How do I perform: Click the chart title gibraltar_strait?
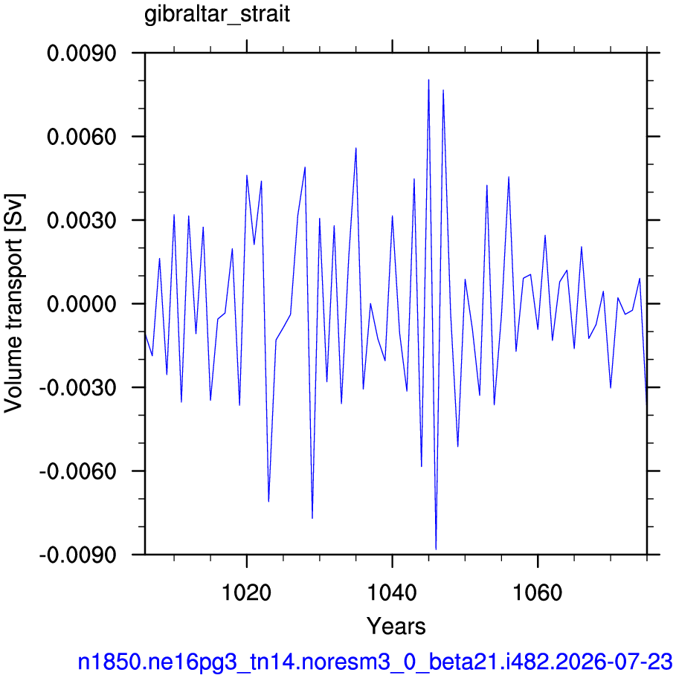point(216,15)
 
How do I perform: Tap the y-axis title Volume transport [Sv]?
point(13,303)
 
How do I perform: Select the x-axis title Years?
point(396,626)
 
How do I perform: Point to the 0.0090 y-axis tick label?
point(82,54)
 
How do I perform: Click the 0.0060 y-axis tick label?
point(82,137)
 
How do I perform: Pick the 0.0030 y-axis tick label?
point(82,221)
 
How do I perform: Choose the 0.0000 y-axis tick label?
point(82,304)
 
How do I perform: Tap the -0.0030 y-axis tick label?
point(78,387)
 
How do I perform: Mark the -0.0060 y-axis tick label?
point(78,471)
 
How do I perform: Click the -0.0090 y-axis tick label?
point(78,555)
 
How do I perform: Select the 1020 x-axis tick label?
point(246,592)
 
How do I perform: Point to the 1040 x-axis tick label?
point(392,592)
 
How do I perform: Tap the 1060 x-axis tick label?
point(537,592)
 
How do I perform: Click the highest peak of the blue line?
point(428,80)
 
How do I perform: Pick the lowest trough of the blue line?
point(436,549)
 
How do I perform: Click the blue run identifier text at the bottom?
point(375,662)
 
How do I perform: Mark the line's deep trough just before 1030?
point(312,518)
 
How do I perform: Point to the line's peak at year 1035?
point(356,148)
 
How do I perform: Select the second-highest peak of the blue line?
point(443,90)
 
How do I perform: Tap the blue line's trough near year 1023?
point(268,502)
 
